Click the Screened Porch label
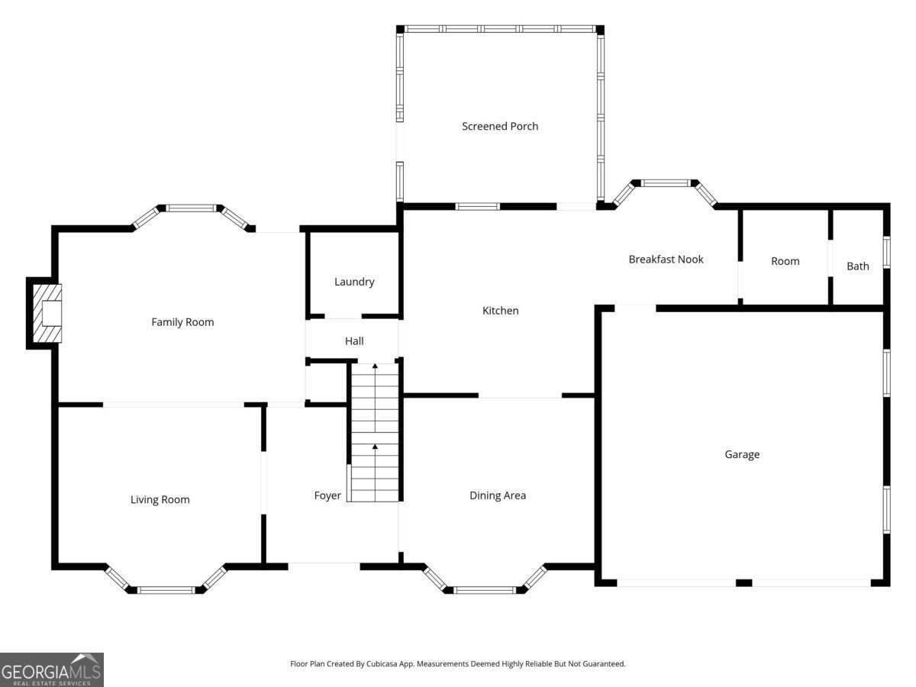pyautogui.click(x=500, y=126)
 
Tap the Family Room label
pyautogui.click(x=182, y=322)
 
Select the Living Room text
pyautogui.click(x=160, y=500)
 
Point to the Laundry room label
pyautogui.click(x=354, y=282)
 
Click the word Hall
pyautogui.click(x=354, y=341)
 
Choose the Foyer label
pyautogui.click(x=327, y=496)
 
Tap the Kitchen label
pyautogui.click(x=500, y=311)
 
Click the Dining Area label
pyautogui.click(x=497, y=495)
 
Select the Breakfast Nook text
pyautogui.click(x=666, y=260)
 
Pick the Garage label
pyautogui.click(x=742, y=455)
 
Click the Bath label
pyautogui.click(x=858, y=266)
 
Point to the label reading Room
pyautogui.click(x=785, y=261)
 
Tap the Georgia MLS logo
pyautogui.click(x=51, y=669)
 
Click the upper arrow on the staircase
pyautogui.click(x=375, y=367)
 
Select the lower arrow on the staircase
pyautogui.click(x=375, y=446)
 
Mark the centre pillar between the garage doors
pyautogui.click(x=743, y=583)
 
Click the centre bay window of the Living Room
pyautogui.click(x=166, y=589)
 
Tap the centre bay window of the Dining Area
pyautogui.click(x=485, y=589)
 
